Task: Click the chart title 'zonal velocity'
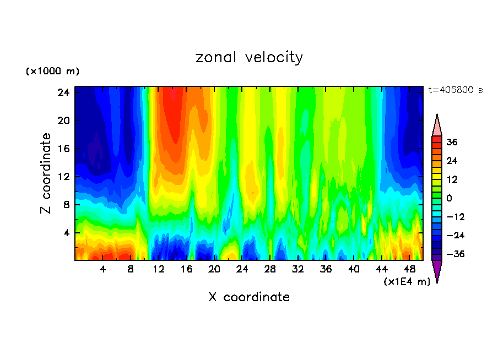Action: tap(249, 57)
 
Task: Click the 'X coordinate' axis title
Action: tap(249, 297)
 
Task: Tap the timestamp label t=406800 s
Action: tap(456, 90)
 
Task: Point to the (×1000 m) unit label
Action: tap(52, 72)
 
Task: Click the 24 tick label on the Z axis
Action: tap(63, 92)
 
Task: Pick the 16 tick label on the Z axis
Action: tap(63, 149)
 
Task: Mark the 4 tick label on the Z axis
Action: tap(66, 233)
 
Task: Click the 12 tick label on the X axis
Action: tap(159, 269)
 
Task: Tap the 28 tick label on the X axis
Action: tap(270, 269)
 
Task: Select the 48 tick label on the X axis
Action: tap(409, 269)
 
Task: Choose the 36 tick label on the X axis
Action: tap(326, 269)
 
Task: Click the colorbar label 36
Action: tap(452, 142)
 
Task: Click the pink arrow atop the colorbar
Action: tap(437, 126)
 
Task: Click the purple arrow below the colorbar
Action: tap(437, 271)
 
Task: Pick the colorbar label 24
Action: tap(452, 161)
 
